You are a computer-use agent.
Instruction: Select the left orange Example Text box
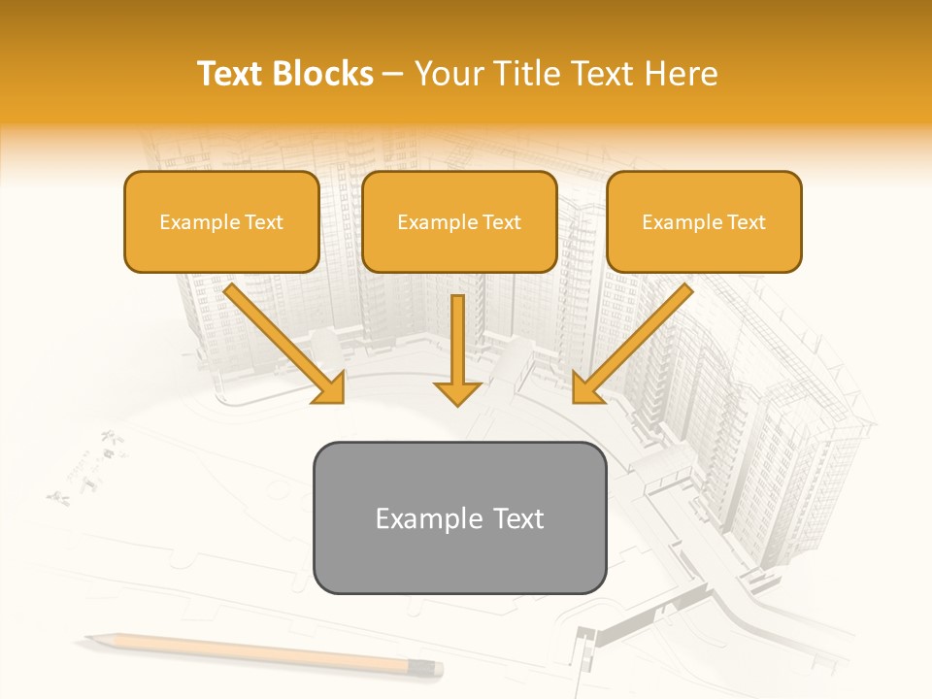221,222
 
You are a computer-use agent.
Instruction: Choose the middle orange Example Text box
459,222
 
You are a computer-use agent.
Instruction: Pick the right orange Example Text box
704,222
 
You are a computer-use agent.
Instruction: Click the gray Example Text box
459,517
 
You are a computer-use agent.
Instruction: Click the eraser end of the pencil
434,668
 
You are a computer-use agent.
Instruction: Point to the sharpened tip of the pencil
89,638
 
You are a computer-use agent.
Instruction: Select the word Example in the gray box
424,518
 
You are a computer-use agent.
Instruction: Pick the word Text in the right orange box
746,222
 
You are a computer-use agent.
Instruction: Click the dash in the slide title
393,74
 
